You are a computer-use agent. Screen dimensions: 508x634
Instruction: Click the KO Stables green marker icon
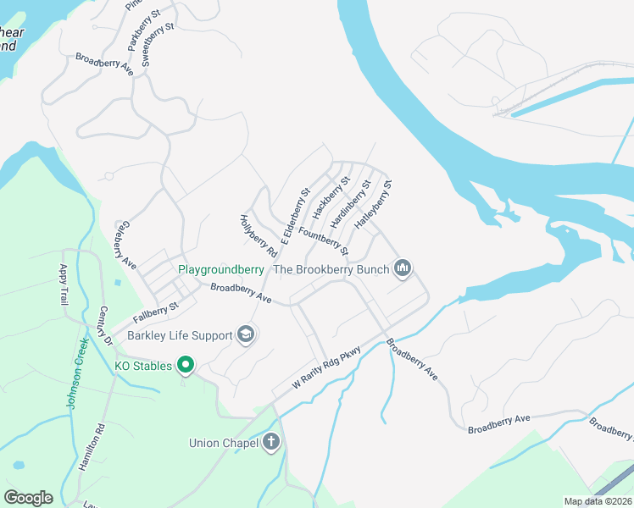pyautogui.click(x=186, y=367)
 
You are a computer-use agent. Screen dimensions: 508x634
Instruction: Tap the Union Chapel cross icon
pyautogui.click(x=271, y=442)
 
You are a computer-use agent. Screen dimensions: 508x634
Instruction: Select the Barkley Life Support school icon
pyautogui.click(x=245, y=335)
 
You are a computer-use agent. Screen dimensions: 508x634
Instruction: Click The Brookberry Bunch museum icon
pyautogui.click(x=403, y=269)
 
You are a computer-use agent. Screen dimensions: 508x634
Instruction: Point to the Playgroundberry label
pyautogui.click(x=220, y=270)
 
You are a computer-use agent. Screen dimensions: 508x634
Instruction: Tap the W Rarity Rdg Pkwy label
pyautogui.click(x=327, y=367)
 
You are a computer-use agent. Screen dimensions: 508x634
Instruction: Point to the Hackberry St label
pyautogui.click(x=331, y=196)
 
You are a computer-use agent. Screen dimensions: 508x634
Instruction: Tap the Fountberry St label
pyautogui.click(x=324, y=238)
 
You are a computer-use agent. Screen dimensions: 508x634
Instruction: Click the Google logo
pyautogui.click(x=28, y=498)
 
